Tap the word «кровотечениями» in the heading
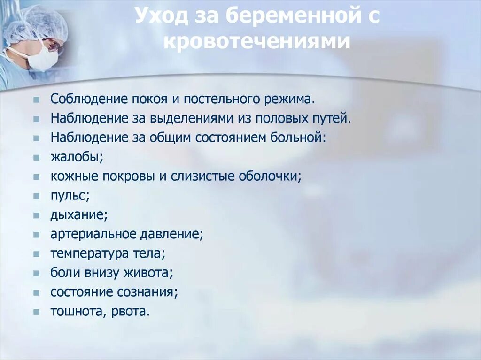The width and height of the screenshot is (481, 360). click(x=257, y=41)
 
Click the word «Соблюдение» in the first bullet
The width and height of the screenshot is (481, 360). click(x=83, y=99)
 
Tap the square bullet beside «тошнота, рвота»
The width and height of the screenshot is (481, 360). click(x=36, y=312)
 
